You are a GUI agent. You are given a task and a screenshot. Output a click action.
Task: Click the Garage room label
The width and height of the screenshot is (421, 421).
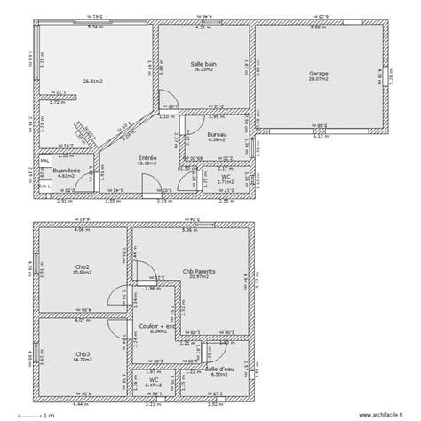318,74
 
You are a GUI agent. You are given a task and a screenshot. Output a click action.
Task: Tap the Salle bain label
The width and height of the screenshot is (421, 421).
203,64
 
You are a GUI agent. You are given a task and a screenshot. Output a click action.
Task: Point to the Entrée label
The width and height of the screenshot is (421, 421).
147,156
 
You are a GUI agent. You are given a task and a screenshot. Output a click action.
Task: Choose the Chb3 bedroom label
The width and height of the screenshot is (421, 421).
82,353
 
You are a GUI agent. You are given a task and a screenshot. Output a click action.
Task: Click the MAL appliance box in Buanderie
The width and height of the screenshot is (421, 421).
44,163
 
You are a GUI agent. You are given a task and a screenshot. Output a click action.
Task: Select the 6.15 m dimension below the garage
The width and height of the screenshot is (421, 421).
322,137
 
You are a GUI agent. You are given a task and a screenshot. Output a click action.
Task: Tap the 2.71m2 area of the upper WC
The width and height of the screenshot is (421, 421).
226,181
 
